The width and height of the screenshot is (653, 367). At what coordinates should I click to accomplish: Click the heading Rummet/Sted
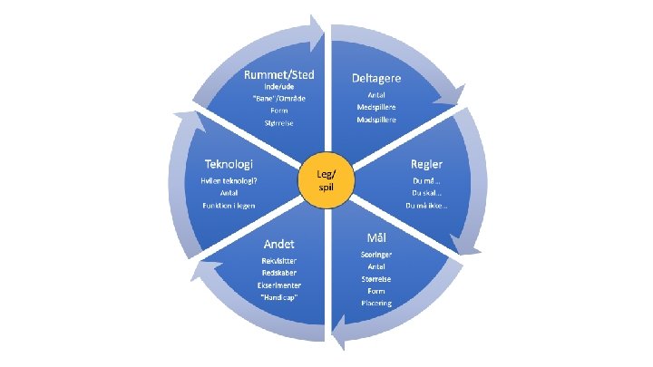tap(279, 73)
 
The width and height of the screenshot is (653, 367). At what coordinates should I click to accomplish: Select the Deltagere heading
tap(376, 78)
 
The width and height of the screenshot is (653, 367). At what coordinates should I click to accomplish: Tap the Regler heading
tap(424, 164)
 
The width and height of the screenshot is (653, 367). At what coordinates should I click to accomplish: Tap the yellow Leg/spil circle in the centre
tap(325, 179)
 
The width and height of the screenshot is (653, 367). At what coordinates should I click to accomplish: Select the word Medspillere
tap(376, 106)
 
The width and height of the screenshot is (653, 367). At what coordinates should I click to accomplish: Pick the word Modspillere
tap(376, 120)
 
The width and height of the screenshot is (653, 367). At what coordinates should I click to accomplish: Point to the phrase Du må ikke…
tap(425, 205)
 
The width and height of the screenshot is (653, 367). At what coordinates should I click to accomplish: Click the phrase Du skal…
tap(425, 192)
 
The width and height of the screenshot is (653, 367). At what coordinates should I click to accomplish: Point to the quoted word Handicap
tap(278, 298)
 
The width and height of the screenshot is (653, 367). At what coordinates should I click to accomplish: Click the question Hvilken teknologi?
tap(228, 180)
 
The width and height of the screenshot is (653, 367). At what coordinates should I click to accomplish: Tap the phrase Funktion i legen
tap(227, 205)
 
